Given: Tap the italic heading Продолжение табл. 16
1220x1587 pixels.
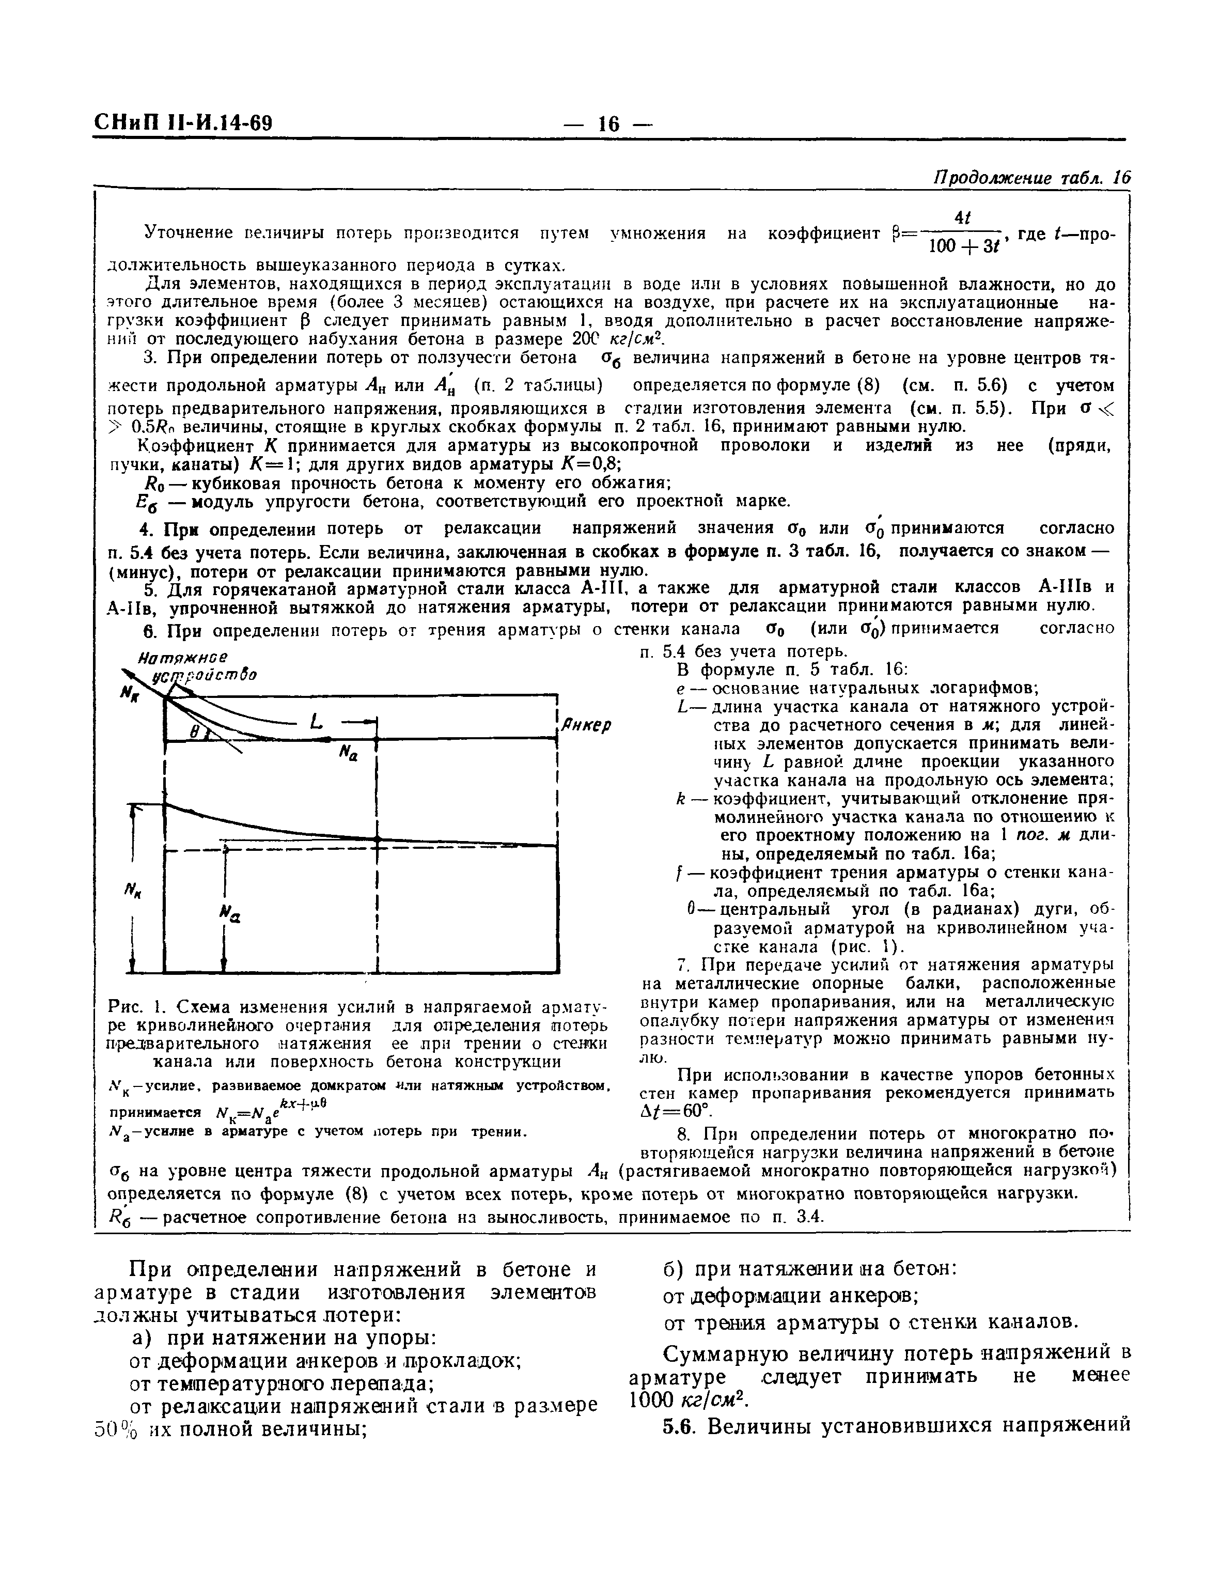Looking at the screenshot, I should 1032,178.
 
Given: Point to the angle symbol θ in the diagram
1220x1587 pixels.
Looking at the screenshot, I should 194,734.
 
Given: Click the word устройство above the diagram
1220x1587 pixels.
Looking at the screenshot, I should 204,676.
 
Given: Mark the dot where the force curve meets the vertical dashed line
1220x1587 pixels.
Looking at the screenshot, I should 378,839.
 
